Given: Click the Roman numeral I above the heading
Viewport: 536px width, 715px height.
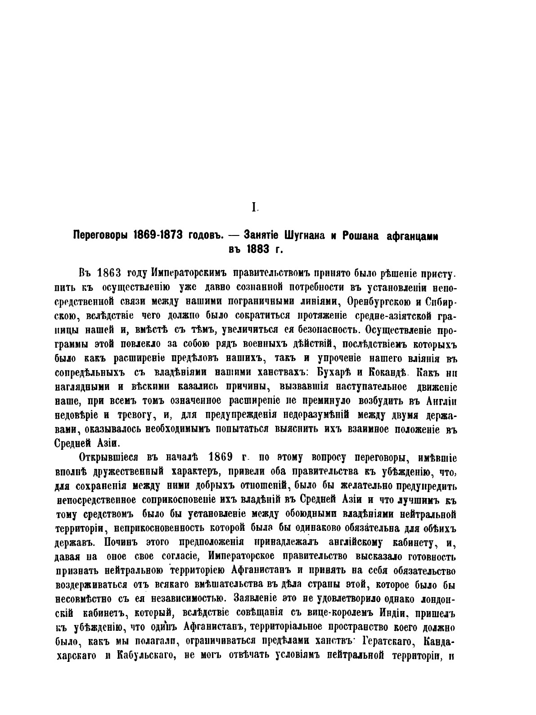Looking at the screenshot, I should pos(254,207).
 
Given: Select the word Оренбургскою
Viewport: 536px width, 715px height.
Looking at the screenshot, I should pos(386,300).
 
